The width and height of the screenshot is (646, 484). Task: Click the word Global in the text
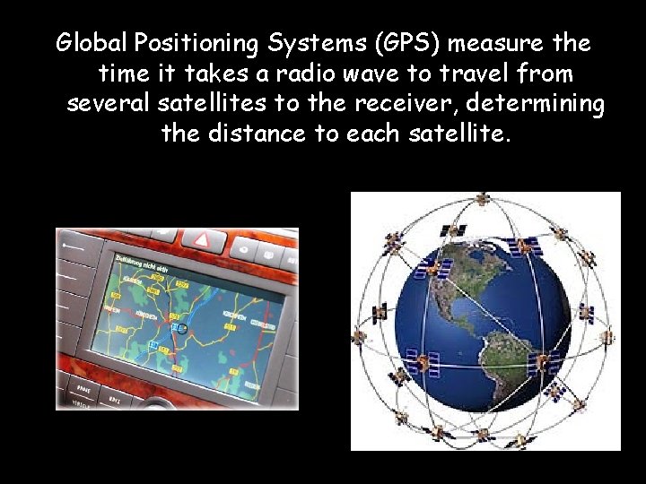click(x=92, y=43)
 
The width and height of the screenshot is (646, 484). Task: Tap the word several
click(x=109, y=104)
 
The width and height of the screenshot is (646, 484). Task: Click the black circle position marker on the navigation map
click(x=182, y=329)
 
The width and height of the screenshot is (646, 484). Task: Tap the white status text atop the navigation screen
click(x=144, y=264)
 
